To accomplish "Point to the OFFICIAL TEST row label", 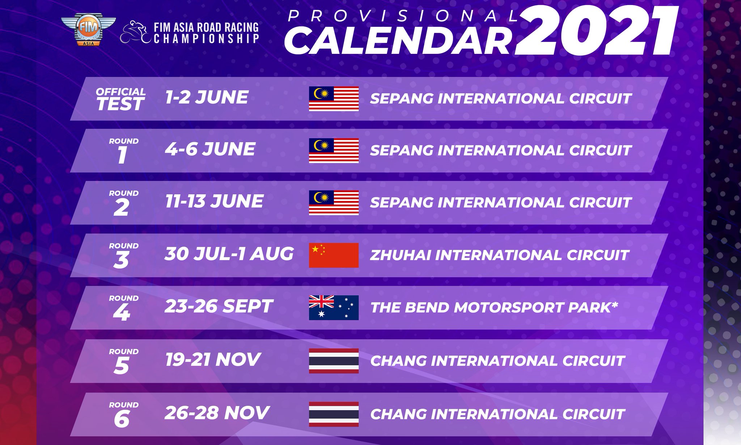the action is click(120, 99).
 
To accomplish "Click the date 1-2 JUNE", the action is click(207, 97).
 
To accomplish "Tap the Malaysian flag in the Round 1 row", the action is click(334, 151).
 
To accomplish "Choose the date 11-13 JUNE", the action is click(214, 201).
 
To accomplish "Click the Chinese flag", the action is click(334, 255).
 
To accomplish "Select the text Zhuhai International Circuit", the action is click(499, 255).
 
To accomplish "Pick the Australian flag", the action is click(334, 308).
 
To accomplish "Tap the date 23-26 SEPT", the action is click(218, 306).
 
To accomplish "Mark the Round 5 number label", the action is click(123, 361).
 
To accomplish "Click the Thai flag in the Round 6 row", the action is click(334, 414).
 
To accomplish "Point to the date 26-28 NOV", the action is click(217, 412).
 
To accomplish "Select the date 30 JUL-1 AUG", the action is click(229, 254).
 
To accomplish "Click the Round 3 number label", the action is click(123, 256).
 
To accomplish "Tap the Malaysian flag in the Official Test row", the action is click(334, 99).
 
